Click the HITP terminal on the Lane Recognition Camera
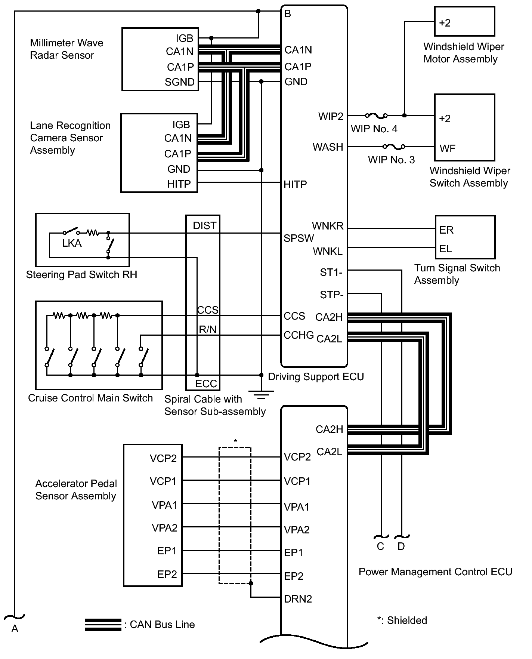pos(179,184)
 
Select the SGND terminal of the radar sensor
pos(180,82)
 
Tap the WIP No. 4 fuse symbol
pos(376,116)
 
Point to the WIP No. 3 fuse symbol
pos(394,147)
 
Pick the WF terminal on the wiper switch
pos(447,148)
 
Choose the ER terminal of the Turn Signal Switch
pos(446,230)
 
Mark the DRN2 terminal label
pos(298,599)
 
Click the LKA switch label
pos(72,243)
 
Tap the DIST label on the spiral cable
pos(204,226)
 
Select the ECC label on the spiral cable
pos(206,384)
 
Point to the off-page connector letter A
pos(15,629)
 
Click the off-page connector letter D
pos(401,546)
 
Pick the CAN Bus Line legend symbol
pos(103,625)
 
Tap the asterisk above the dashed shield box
pos(235,441)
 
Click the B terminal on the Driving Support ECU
pos(288,14)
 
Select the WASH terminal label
pos(328,147)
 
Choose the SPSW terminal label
pos(299,238)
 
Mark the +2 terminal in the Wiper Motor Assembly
pos(445,23)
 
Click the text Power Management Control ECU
pos(435,572)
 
